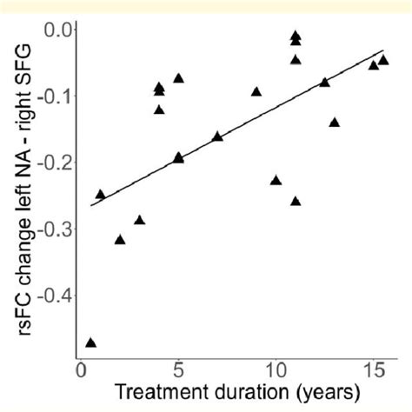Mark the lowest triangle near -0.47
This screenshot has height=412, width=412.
pos(90,342)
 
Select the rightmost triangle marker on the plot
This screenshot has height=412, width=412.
pos(383,60)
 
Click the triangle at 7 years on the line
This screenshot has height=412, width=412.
pos(217,136)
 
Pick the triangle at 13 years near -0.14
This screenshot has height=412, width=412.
pos(335,123)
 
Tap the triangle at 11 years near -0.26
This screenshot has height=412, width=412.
pos(296,201)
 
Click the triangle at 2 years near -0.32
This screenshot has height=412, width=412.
pos(120,239)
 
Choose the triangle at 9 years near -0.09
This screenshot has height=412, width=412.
pos(256,91)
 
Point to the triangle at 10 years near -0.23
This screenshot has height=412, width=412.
pos(276,180)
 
